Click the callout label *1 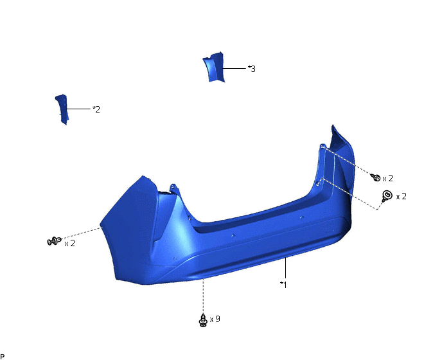pos(283,285)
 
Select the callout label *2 pos(96,109)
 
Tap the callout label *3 pos(252,69)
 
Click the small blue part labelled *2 pos(62,109)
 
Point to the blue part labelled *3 pos(214,67)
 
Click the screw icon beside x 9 pos(202,320)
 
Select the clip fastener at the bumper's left pos(54,241)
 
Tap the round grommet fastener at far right pos(387,195)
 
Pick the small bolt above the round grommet pos(376,177)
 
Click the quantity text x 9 pos(215,319)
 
